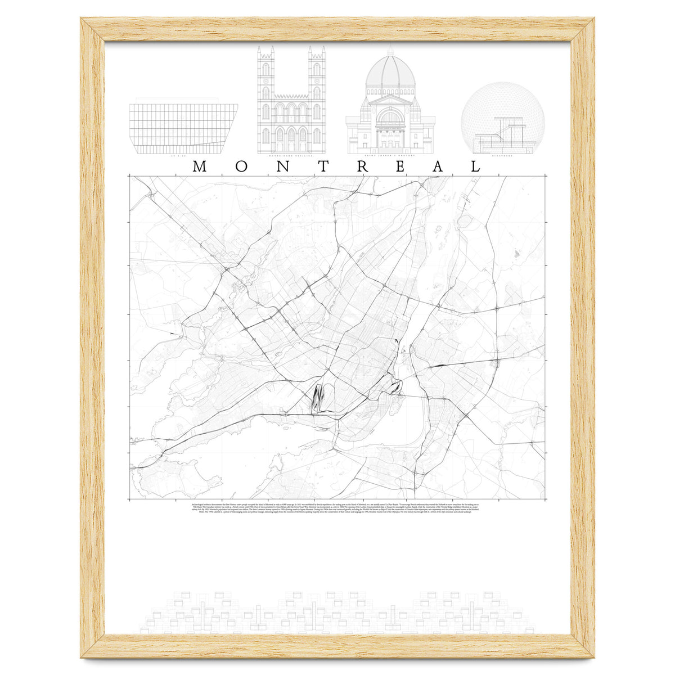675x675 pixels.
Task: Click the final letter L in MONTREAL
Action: point(476,167)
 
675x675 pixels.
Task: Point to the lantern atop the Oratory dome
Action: point(390,49)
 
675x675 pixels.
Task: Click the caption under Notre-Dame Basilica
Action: point(291,156)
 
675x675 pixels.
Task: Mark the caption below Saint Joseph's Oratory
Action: point(390,156)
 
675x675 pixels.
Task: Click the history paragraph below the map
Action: point(337,508)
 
